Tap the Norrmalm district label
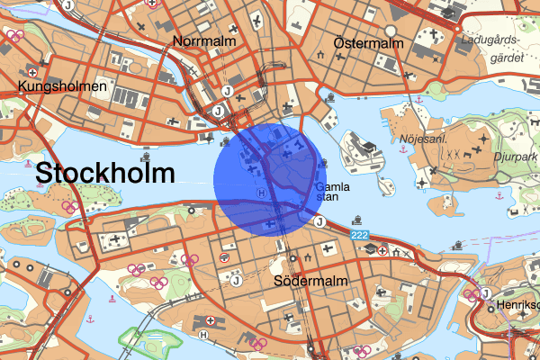coord(204,41)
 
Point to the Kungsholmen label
coord(62,86)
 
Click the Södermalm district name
coord(310,282)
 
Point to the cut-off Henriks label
coord(518,307)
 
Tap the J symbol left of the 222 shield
coord(318,221)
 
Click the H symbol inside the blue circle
coord(262,192)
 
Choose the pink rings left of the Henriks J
coord(471,294)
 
